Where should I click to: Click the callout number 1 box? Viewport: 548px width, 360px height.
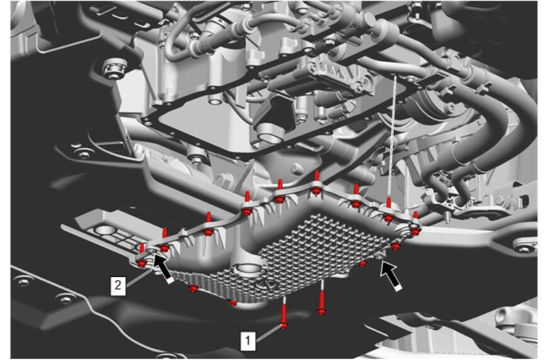(248, 340)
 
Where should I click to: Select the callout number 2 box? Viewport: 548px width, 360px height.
(118, 286)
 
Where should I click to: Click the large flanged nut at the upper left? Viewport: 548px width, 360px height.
(115, 68)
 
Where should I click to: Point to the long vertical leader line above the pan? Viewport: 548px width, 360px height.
(392, 136)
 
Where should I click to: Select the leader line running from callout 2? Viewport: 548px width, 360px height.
(139, 278)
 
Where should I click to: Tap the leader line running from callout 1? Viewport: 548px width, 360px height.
(268, 333)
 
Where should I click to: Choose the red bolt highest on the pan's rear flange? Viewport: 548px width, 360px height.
(316, 183)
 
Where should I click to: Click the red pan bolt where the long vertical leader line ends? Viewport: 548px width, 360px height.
(388, 211)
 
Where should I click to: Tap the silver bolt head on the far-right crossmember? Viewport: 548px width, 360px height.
(525, 245)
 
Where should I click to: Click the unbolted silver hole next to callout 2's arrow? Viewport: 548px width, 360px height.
(151, 250)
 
